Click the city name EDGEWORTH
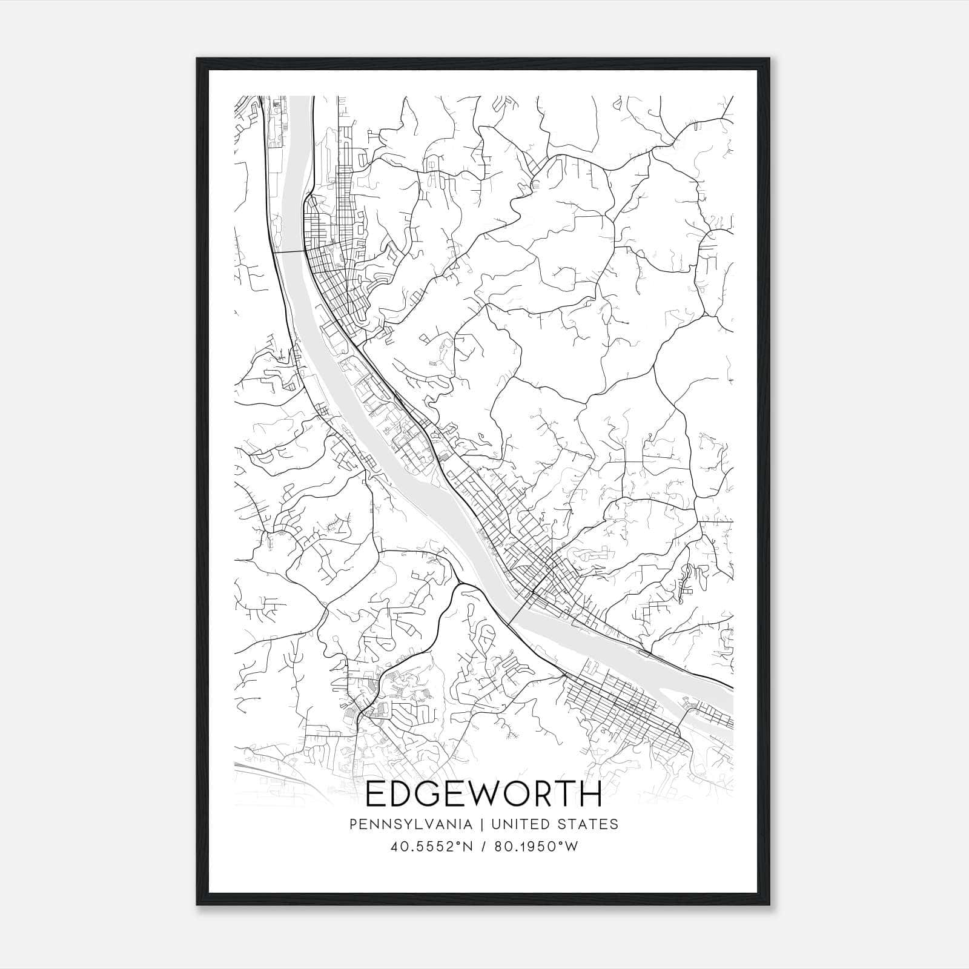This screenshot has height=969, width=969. [x=484, y=794]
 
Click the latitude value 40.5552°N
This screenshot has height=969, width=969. [x=431, y=846]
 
